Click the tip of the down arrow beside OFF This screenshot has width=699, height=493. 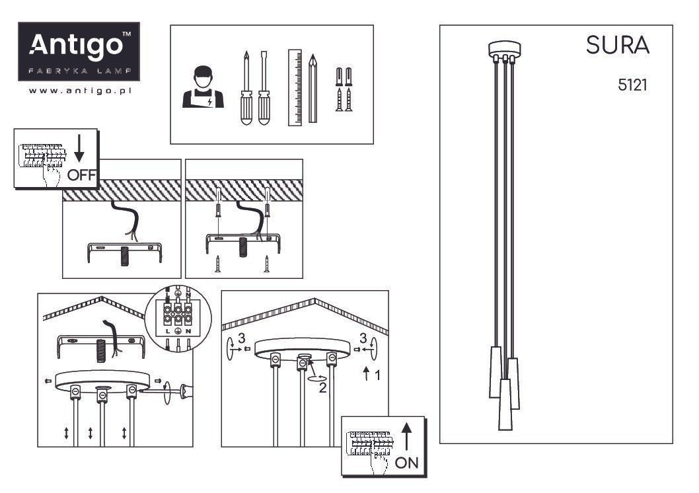tap(79, 163)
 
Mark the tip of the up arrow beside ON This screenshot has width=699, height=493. tap(406, 422)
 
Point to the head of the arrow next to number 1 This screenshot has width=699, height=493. tap(367, 368)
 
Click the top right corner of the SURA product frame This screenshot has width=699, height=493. tap(673, 25)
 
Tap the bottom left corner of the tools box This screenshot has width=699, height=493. tap(170, 144)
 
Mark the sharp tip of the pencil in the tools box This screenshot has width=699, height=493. tap(313, 55)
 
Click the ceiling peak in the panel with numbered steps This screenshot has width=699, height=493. tap(314, 299)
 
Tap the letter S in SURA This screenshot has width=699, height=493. tap(593, 45)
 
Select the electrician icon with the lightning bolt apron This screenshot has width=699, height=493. tap(203, 87)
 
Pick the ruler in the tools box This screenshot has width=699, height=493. tap(295, 87)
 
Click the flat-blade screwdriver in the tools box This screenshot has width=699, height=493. tap(264, 88)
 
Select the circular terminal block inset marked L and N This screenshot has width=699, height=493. tap(178, 320)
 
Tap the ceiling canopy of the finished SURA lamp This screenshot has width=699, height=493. tap(505, 49)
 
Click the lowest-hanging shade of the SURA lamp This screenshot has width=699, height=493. tap(505, 404)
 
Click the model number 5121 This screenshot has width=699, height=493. tap(632, 85)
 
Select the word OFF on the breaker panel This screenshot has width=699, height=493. tap(81, 175)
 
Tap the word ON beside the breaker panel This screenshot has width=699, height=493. tap(406, 463)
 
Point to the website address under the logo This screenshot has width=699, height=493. tap(80, 91)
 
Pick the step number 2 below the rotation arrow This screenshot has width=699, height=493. tap(323, 388)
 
